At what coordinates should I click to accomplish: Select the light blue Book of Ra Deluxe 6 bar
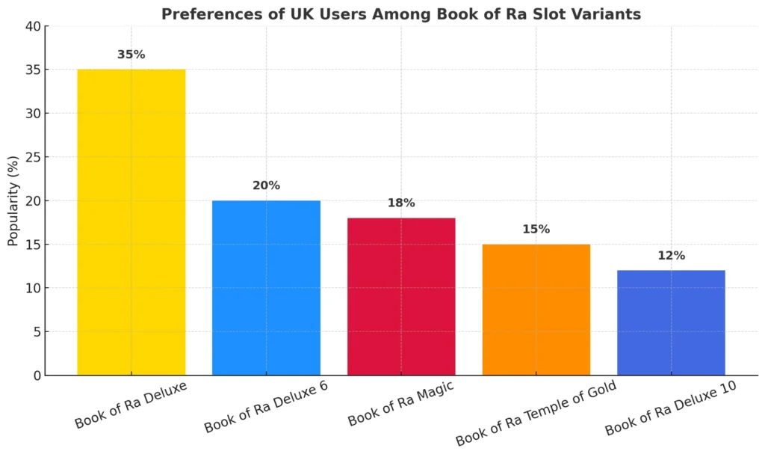(x=266, y=288)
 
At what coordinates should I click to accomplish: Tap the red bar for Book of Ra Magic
(x=401, y=296)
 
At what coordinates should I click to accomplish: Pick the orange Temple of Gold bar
(x=536, y=310)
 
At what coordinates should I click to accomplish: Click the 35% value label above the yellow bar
(x=131, y=55)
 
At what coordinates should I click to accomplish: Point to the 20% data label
(x=266, y=185)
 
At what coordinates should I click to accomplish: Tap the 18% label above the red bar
(x=401, y=203)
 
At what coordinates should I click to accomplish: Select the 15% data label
(x=536, y=230)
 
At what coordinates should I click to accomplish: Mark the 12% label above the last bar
(x=671, y=256)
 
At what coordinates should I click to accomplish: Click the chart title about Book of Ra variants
(x=401, y=14)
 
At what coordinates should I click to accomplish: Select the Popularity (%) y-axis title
(x=13, y=200)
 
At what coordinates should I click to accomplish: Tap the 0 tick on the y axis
(x=35, y=375)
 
